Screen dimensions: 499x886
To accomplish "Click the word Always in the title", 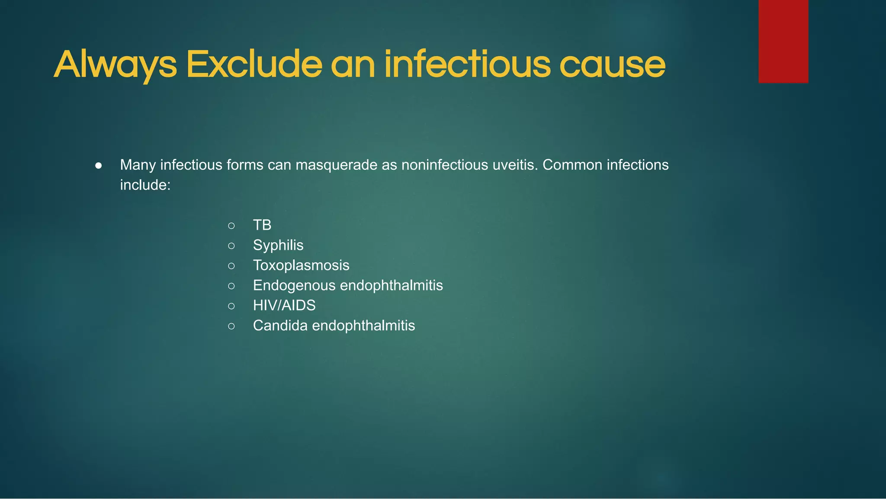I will coord(115,65).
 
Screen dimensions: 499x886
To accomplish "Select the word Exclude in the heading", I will coord(254,65).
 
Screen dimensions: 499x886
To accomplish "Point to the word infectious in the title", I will coord(467,65).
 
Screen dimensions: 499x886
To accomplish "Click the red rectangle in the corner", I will coord(783,41).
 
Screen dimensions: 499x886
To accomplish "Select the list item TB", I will coord(262,225).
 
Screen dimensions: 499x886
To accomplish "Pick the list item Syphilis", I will coord(278,245).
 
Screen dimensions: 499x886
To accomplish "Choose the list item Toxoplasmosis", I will coord(301,265).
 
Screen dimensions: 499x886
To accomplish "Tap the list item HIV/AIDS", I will coord(284,306).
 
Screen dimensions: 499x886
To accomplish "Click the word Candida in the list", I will coord(280,325).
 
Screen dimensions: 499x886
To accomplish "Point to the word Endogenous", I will coord(294,286).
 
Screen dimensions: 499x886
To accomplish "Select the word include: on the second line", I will coord(145,185).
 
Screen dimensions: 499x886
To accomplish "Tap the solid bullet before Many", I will coord(99,165).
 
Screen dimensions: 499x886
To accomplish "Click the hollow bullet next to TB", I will coord(231,225).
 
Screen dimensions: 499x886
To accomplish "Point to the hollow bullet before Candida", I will coord(231,326).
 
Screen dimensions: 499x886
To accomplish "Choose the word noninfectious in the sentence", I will coord(445,165).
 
